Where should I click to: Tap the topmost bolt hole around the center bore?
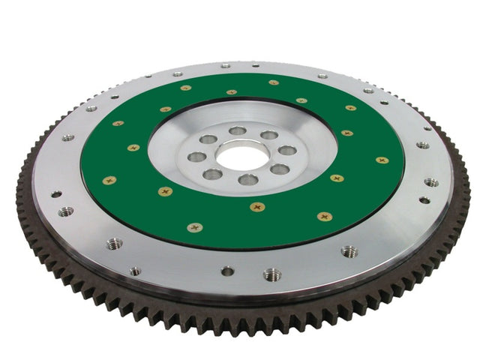coord(238,130)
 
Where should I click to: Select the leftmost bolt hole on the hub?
coord(196,157)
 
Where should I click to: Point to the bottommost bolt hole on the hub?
coord(248,179)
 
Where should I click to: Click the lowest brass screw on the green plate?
coord(195,227)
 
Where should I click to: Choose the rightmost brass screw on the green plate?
coord(382,160)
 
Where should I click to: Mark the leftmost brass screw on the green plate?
coord(109,180)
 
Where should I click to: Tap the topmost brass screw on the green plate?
coord(274,82)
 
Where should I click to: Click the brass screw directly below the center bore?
coord(257,206)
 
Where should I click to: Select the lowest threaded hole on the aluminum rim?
coord(272,274)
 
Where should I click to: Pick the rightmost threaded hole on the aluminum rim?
coord(431,182)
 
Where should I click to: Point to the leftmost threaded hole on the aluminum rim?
coord(66,211)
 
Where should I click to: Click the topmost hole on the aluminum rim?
coord(226,66)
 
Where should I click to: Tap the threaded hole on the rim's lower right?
coord(349,251)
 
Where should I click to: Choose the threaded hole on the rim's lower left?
coord(115,244)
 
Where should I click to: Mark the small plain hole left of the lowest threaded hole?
coord(227,271)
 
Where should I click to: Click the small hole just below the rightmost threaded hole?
coord(424,200)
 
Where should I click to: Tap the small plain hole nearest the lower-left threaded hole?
coord(134,271)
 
